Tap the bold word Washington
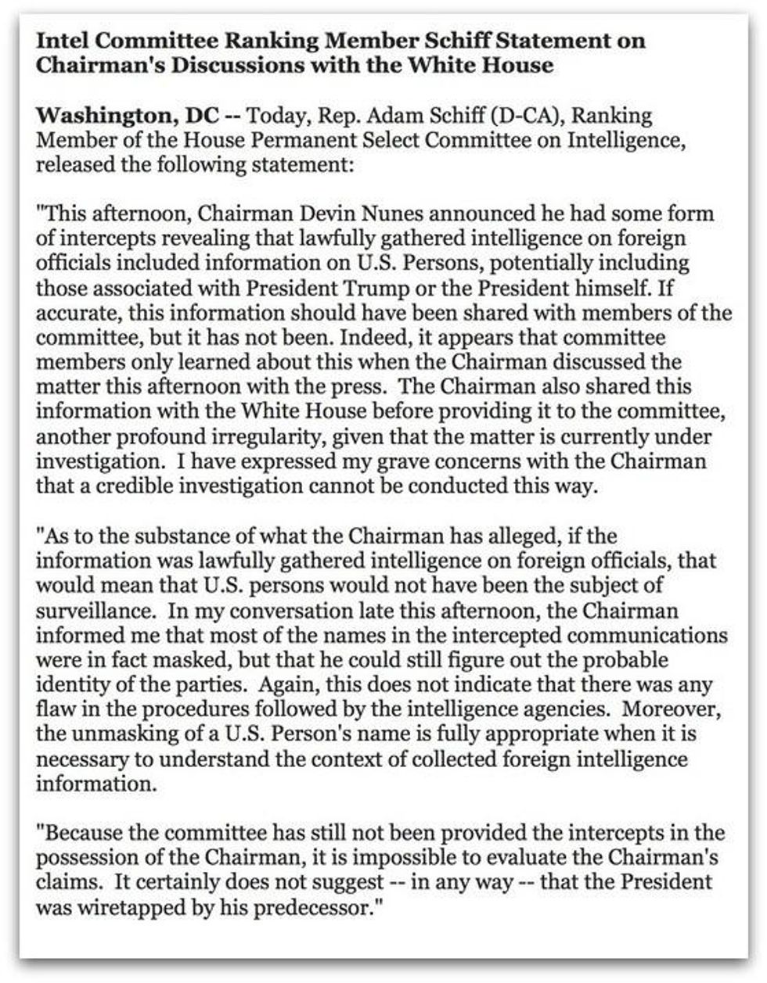[100, 117]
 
